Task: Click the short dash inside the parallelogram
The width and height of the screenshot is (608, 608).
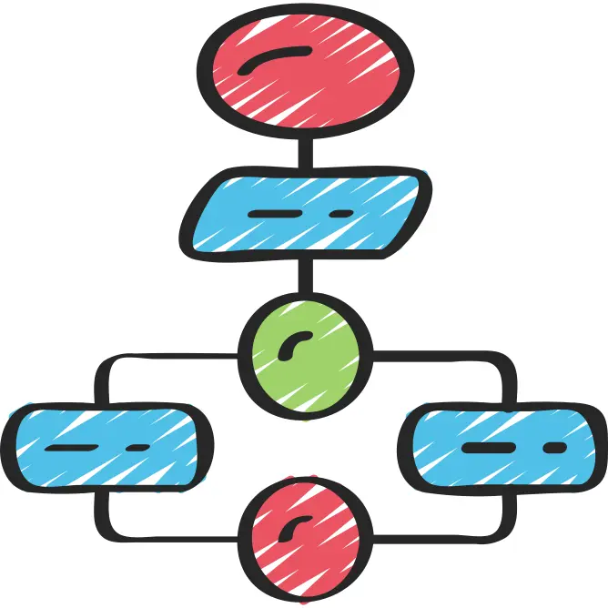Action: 340,215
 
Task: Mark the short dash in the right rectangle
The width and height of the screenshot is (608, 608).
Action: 553,449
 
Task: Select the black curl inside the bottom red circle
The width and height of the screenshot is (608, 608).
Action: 296,526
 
